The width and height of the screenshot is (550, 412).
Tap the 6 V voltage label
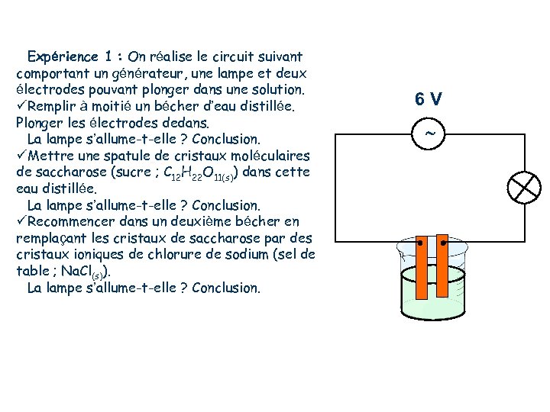429,99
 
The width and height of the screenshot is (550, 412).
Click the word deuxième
205,222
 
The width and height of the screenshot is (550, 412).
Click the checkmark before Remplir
21,106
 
